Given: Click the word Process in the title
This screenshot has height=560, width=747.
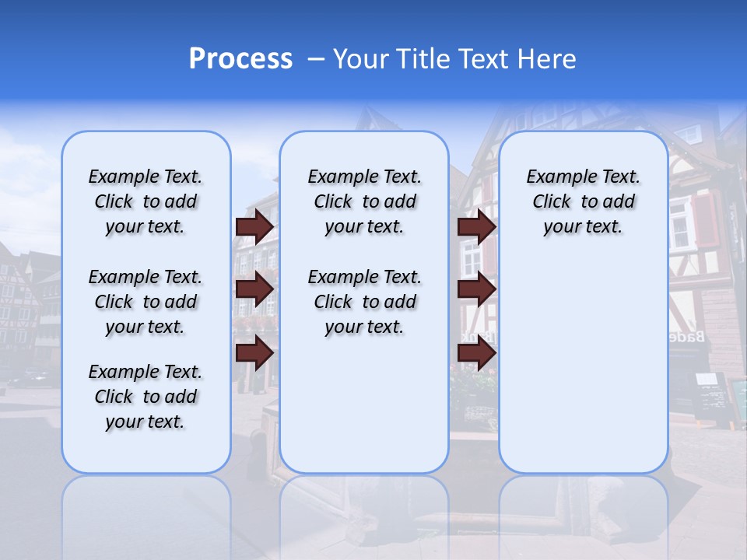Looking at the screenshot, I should [x=240, y=59].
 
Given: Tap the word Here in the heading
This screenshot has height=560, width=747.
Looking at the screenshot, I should [x=549, y=59].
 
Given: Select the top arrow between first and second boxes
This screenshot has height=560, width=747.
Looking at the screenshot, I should [x=254, y=226].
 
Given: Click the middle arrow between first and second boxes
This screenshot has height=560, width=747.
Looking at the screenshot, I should [x=254, y=289].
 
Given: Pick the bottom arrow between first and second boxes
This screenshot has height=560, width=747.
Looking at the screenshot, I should [x=254, y=353].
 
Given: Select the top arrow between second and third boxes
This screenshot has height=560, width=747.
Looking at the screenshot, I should [x=476, y=226].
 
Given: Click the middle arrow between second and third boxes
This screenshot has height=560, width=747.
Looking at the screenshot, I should [x=476, y=289].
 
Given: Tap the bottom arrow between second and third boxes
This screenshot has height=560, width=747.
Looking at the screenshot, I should [x=476, y=353].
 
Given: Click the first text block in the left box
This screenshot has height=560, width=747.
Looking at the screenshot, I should [x=146, y=201].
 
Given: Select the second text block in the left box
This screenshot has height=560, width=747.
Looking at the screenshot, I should [x=146, y=302].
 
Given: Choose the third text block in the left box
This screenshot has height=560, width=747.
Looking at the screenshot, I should [x=146, y=397].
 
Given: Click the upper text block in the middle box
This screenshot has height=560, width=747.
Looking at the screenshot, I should [x=364, y=201].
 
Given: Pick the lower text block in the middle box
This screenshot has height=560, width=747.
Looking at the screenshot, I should [x=364, y=302].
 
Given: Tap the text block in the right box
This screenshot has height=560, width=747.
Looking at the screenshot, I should [x=583, y=201].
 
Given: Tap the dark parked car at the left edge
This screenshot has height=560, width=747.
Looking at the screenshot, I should [x=28, y=377].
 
